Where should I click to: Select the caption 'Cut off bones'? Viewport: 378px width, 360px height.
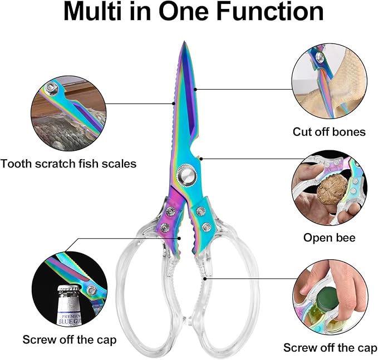tap(329, 132)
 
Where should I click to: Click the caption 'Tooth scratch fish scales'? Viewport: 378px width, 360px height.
tap(68, 164)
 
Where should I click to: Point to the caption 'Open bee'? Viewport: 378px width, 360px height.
tap(329, 238)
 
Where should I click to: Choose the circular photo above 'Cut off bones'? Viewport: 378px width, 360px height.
tap(328, 82)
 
